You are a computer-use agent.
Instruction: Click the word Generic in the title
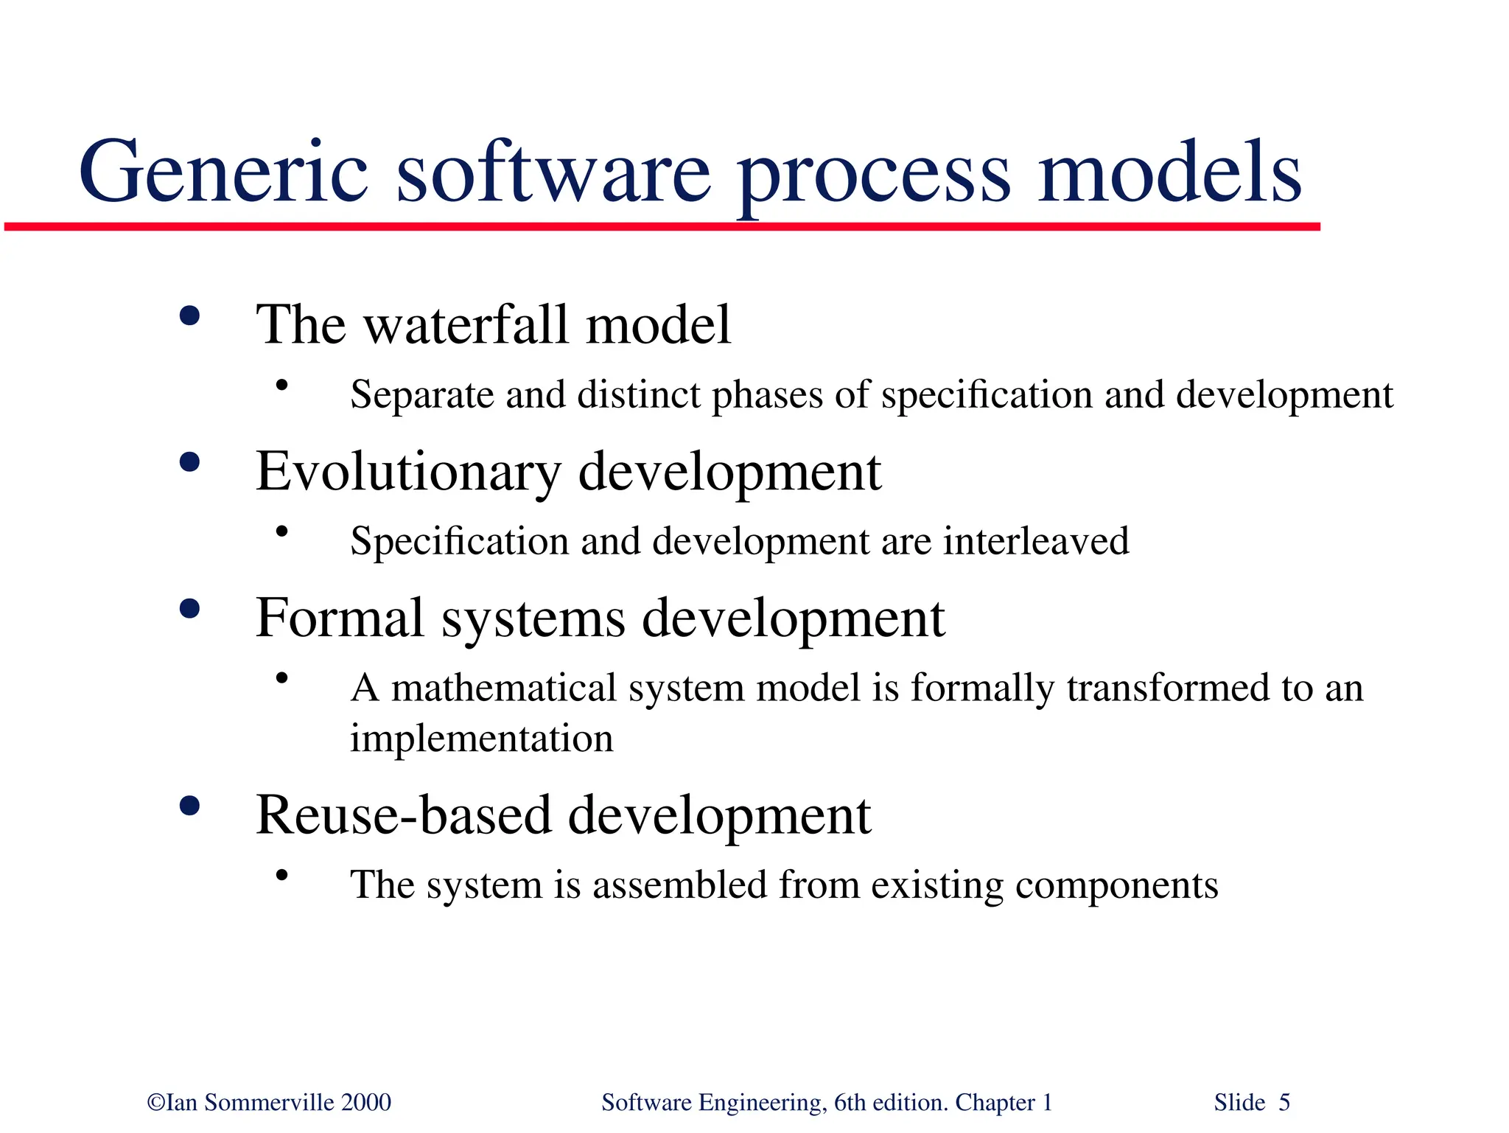[x=223, y=173]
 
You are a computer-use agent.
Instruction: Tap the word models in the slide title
[x=1169, y=173]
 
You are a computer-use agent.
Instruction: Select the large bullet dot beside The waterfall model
[x=189, y=316]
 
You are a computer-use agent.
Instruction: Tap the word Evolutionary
[x=408, y=472]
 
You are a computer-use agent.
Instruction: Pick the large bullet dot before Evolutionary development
[x=189, y=463]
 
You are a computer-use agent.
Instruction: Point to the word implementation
[x=481, y=739]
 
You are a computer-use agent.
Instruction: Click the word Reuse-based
[x=403, y=815]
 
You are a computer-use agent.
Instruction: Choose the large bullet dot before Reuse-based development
[x=189, y=806]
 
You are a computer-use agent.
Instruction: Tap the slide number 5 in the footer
[x=1284, y=1103]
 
